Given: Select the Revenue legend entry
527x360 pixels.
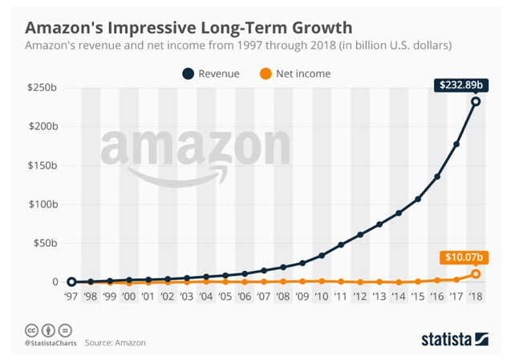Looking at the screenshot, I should (211, 74).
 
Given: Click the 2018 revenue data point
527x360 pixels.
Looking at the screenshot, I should (476, 101).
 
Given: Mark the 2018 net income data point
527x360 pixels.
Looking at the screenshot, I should (476, 274).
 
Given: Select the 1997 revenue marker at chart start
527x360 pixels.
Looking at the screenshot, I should (71, 281).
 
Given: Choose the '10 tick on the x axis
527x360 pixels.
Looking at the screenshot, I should (322, 297).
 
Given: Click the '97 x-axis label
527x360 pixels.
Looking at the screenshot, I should (71, 297).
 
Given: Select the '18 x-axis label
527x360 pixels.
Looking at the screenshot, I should (476, 297).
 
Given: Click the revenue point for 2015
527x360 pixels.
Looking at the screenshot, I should (418, 199).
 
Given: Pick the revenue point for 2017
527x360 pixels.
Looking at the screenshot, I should (456, 144).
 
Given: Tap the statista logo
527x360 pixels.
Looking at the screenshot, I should (455, 339).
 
